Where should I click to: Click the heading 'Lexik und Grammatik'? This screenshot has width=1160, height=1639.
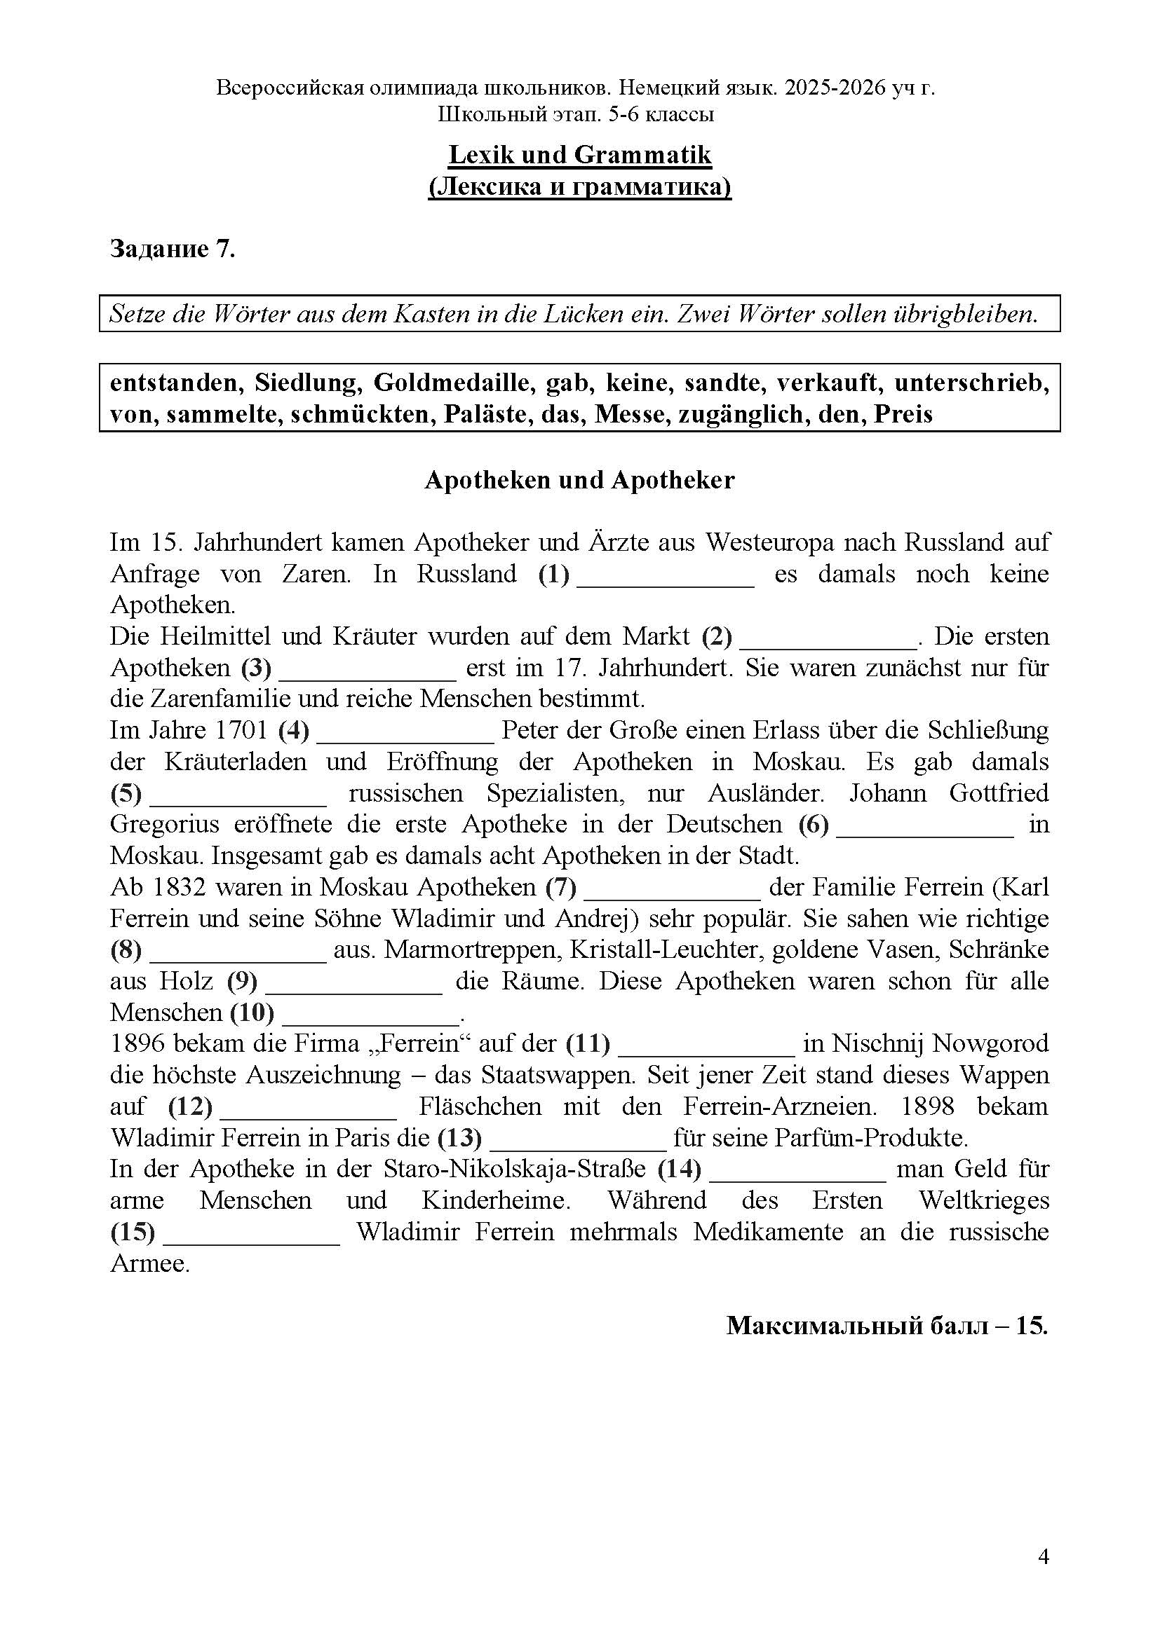pyautogui.click(x=579, y=155)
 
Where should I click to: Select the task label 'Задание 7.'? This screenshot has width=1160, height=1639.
pyautogui.click(x=172, y=249)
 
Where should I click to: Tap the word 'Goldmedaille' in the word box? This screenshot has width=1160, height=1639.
pyautogui.click(x=454, y=383)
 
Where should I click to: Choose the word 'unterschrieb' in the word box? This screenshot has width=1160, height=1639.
pyautogui.click(x=971, y=383)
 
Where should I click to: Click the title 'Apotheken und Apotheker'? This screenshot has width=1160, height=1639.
pyautogui.click(x=579, y=480)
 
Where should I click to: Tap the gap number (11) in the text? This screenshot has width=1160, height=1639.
pyautogui.click(x=588, y=1043)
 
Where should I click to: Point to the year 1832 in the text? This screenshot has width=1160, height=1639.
pyautogui.click(x=179, y=887)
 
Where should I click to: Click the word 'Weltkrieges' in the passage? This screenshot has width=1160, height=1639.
pyautogui.click(x=983, y=1200)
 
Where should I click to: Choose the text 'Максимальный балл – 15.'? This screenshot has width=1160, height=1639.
pyautogui.click(x=887, y=1326)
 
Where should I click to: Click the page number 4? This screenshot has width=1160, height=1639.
pyautogui.click(x=1043, y=1557)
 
